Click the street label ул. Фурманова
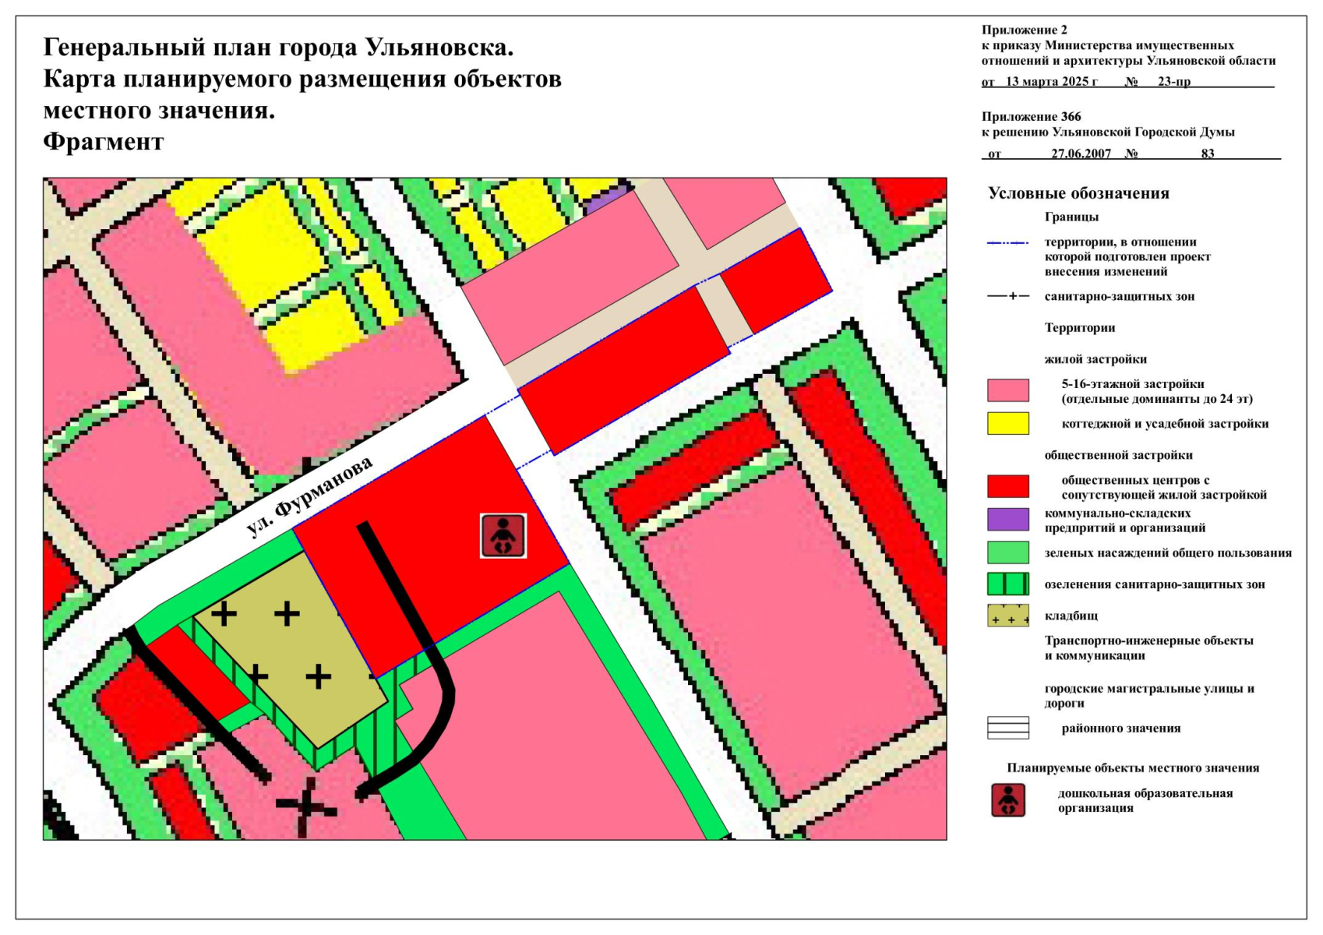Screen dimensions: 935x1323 (310, 497)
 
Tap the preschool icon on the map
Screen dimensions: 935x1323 (503, 536)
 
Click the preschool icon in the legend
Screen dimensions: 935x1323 (1007, 800)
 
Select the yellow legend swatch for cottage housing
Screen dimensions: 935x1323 (1007, 423)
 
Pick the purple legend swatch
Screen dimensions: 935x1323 (1007, 519)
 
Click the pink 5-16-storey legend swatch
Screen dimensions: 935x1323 (1007, 390)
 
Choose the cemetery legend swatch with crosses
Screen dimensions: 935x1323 (1007, 616)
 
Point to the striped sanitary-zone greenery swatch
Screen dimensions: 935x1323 (1007, 584)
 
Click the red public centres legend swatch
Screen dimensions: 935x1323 (1007, 486)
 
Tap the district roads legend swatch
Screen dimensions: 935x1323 (1007, 728)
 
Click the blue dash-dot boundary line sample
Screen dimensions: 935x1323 (1007, 243)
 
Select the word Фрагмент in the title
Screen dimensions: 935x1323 (104, 142)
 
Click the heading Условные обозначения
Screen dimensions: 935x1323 (1078, 193)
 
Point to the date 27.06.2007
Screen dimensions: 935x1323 (1081, 153)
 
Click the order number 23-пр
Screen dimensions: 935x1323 (1173, 81)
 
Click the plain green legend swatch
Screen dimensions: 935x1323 (1007, 552)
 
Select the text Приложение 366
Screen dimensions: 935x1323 (1031, 117)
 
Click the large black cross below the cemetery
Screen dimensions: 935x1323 (307, 809)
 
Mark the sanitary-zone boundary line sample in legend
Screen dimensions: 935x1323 (1007, 296)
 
